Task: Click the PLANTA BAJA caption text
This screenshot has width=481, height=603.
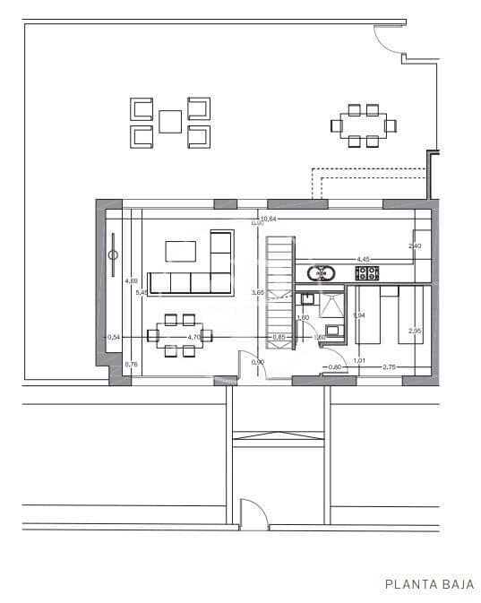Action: click(429, 585)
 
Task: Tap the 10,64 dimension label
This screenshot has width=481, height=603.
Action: click(267, 218)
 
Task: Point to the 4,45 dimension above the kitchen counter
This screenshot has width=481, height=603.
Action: click(364, 259)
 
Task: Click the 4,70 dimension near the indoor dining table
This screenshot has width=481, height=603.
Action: click(193, 337)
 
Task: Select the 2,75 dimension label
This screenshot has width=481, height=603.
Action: click(389, 367)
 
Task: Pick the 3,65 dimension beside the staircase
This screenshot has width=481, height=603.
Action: click(258, 292)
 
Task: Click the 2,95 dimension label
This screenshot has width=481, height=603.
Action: click(414, 332)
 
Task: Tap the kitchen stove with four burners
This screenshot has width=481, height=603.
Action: click(367, 273)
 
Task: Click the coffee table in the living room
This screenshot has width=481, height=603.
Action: click(181, 251)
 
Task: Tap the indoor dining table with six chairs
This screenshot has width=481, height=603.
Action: click(178, 336)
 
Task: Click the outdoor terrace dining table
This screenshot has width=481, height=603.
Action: click(363, 125)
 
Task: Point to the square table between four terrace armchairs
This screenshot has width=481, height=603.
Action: click(170, 121)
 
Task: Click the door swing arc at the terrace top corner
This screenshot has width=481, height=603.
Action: click(389, 40)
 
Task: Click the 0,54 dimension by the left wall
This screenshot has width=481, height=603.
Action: click(114, 337)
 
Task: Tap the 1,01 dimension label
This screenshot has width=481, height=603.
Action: click(359, 361)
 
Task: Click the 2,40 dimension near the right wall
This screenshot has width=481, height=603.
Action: click(414, 246)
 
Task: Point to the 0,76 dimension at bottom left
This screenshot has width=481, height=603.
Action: click(131, 364)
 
